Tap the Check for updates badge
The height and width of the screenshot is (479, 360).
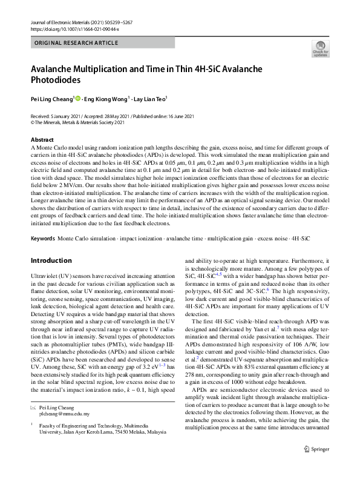(x=319, y=50)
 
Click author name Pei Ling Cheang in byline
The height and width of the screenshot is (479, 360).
(x=51, y=99)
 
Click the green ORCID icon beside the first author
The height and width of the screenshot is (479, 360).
(x=78, y=99)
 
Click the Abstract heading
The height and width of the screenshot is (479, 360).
(x=41, y=139)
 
